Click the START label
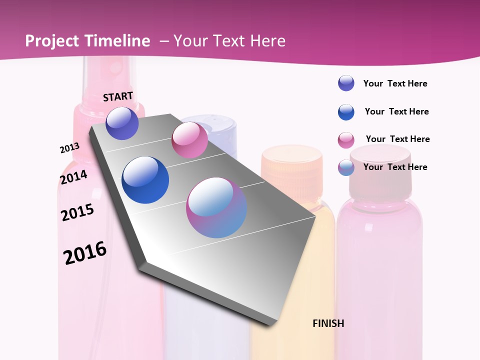118,96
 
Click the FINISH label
328,323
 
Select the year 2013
69,148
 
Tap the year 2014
73,177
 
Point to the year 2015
77,212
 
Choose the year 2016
85,252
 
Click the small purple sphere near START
122,123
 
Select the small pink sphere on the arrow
189,140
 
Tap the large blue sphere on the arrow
145,180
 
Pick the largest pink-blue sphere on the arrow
216,207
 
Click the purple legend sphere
346,83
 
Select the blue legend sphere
346,112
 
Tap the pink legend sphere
346,140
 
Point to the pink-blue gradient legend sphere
346,167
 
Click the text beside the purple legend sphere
395,83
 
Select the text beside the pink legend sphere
397,139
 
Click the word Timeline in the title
117,41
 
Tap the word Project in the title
52,41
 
